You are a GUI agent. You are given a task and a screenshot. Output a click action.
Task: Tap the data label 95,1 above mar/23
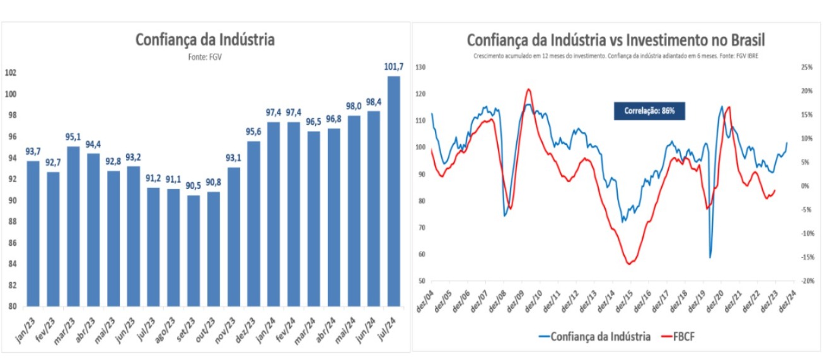coord(73,138)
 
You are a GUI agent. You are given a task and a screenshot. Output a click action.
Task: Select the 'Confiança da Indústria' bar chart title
coord(205,40)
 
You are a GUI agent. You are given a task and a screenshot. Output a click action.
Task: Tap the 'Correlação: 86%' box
coord(649,111)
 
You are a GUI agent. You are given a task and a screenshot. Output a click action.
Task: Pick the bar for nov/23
coord(233,236)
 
